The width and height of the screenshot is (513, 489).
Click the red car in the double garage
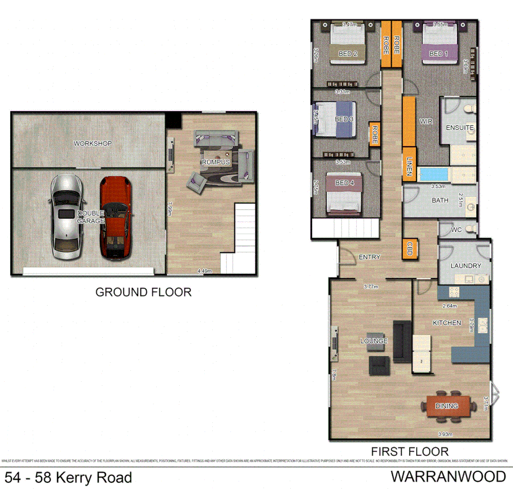[115, 217]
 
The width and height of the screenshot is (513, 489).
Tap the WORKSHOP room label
[92, 143]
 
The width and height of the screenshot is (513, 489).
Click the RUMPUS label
[216, 162]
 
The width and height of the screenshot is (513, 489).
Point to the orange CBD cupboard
[409, 249]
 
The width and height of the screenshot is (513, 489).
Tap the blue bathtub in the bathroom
[432, 174]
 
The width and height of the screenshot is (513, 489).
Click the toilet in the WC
[471, 229]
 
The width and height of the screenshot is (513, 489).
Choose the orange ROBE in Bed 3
[374, 134]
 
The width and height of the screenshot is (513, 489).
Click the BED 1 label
[438, 53]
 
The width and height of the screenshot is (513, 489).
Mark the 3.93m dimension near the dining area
[445, 435]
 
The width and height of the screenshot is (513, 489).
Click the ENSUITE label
[460, 128]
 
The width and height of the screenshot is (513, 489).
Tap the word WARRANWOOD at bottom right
[448, 476]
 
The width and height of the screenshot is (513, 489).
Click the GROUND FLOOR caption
[143, 292]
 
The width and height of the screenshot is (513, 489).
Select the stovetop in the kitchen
[454, 292]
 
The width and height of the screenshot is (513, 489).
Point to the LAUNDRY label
[465, 266]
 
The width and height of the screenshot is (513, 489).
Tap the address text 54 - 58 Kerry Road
[68, 477]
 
